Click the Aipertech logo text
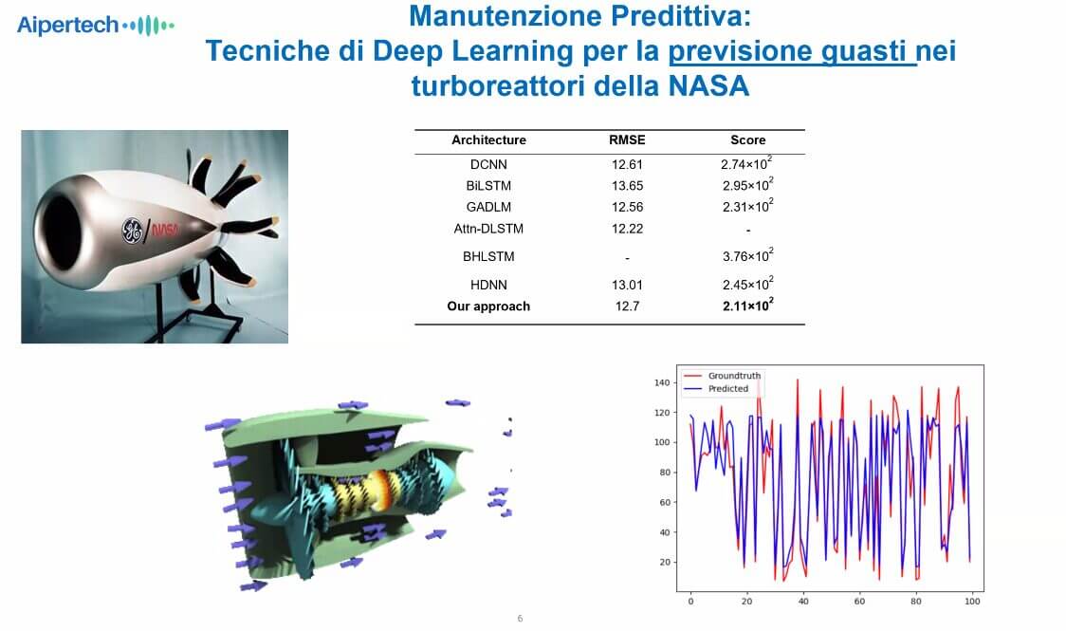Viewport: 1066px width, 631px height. [68, 26]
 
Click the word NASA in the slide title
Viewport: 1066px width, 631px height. [709, 86]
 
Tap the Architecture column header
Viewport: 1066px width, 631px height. [488, 140]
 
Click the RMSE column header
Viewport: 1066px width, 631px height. [627, 140]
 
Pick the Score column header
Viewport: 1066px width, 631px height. [748, 140]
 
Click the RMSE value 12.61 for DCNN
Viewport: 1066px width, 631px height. [627, 164]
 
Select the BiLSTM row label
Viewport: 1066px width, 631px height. [488, 186]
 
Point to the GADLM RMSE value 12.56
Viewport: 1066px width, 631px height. [627, 207]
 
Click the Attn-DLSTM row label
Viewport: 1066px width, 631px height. [488, 229]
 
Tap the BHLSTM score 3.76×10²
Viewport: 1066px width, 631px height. [748, 255]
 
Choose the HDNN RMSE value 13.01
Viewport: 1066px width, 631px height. [627, 285]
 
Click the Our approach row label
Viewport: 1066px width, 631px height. [488, 306]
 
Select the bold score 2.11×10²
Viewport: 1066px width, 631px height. [748, 306]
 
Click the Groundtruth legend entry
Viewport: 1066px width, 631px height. [722, 376]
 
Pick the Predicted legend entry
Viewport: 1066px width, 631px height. [716, 389]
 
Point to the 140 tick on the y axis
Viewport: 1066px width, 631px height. [662, 382]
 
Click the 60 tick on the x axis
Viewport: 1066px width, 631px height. [859, 601]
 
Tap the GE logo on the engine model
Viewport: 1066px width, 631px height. [132, 231]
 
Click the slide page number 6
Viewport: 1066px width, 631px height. [520, 619]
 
